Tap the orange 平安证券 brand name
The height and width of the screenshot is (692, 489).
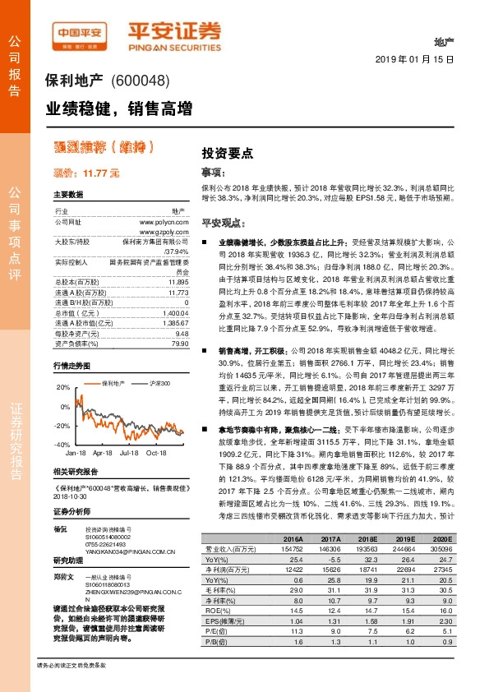click(x=174, y=31)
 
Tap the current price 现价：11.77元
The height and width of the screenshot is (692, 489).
click(x=86, y=174)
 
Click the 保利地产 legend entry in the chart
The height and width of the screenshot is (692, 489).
click(x=112, y=360)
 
